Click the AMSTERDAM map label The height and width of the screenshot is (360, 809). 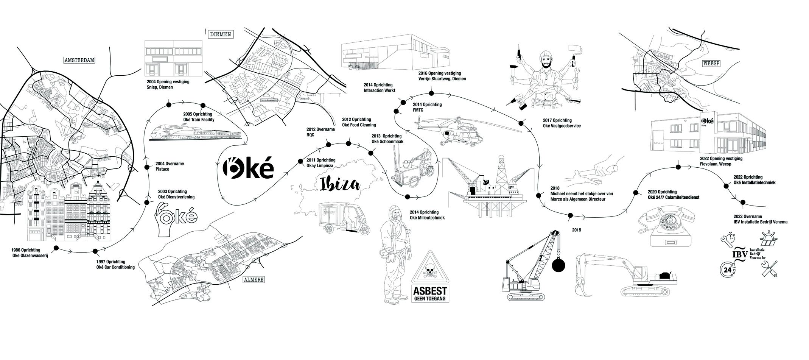[x=79, y=60]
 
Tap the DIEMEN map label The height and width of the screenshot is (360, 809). [x=220, y=34]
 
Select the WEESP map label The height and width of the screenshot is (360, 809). [x=710, y=64]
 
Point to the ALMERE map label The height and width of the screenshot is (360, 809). [x=253, y=280]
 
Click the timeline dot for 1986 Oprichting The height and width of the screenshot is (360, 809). [x=56, y=248]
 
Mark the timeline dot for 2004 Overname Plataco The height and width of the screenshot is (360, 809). [x=147, y=167]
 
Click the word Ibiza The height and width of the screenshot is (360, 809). [x=339, y=184]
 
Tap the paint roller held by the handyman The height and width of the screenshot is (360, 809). [x=574, y=49]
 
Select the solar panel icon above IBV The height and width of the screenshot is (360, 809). [x=769, y=238]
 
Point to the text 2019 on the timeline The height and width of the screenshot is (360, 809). [x=576, y=230]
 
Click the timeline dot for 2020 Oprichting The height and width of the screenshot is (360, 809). [x=636, y=193]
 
